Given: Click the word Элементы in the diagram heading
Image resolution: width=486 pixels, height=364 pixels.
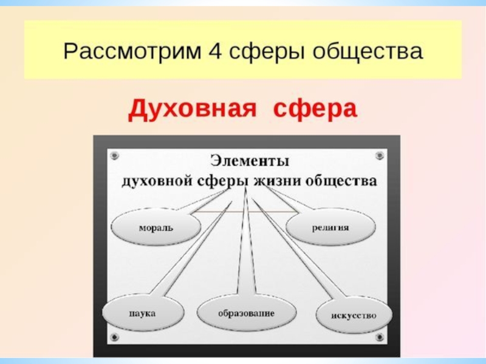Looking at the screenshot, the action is [x=250, y=162].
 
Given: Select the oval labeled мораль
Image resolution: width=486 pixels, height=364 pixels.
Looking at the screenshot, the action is [x=156, y=228].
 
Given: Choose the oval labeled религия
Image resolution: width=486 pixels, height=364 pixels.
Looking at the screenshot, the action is [x=330, y=228].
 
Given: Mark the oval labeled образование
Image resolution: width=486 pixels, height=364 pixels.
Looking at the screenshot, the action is [x=246, y=314].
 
